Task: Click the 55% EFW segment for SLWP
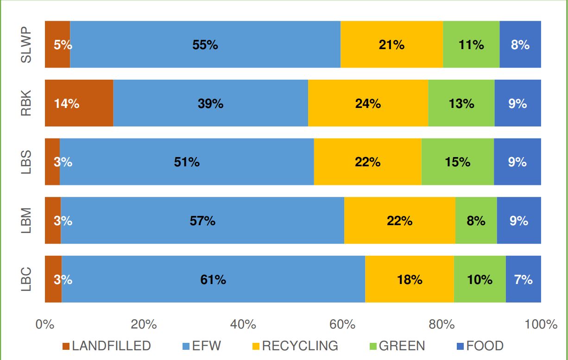pos(205,44)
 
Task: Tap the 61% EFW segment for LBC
pos(213,279)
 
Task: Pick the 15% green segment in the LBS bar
pos(457,162)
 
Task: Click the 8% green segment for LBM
pos(476,221)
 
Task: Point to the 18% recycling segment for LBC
pos(410,279)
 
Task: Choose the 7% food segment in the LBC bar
pos(523,279)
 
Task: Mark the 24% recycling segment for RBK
pos(368,103)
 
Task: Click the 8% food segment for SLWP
pos(520,44)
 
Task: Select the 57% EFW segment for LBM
pos(202,221)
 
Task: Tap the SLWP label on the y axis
pos(26,44)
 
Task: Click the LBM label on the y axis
pos(26,221)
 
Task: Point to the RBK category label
pos(26,103)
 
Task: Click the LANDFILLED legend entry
pos(107,346)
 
